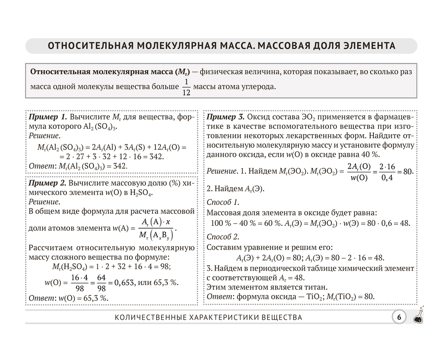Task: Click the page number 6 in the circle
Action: [x=399, y=317]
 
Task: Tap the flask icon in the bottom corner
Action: [x=419, y=316]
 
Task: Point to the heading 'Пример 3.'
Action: [x=225, y=117]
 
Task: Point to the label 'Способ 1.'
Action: [x=223, y=202]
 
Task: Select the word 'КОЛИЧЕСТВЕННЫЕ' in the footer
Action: [x=148, y=317]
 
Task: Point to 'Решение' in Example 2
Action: [x=44, y=202]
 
